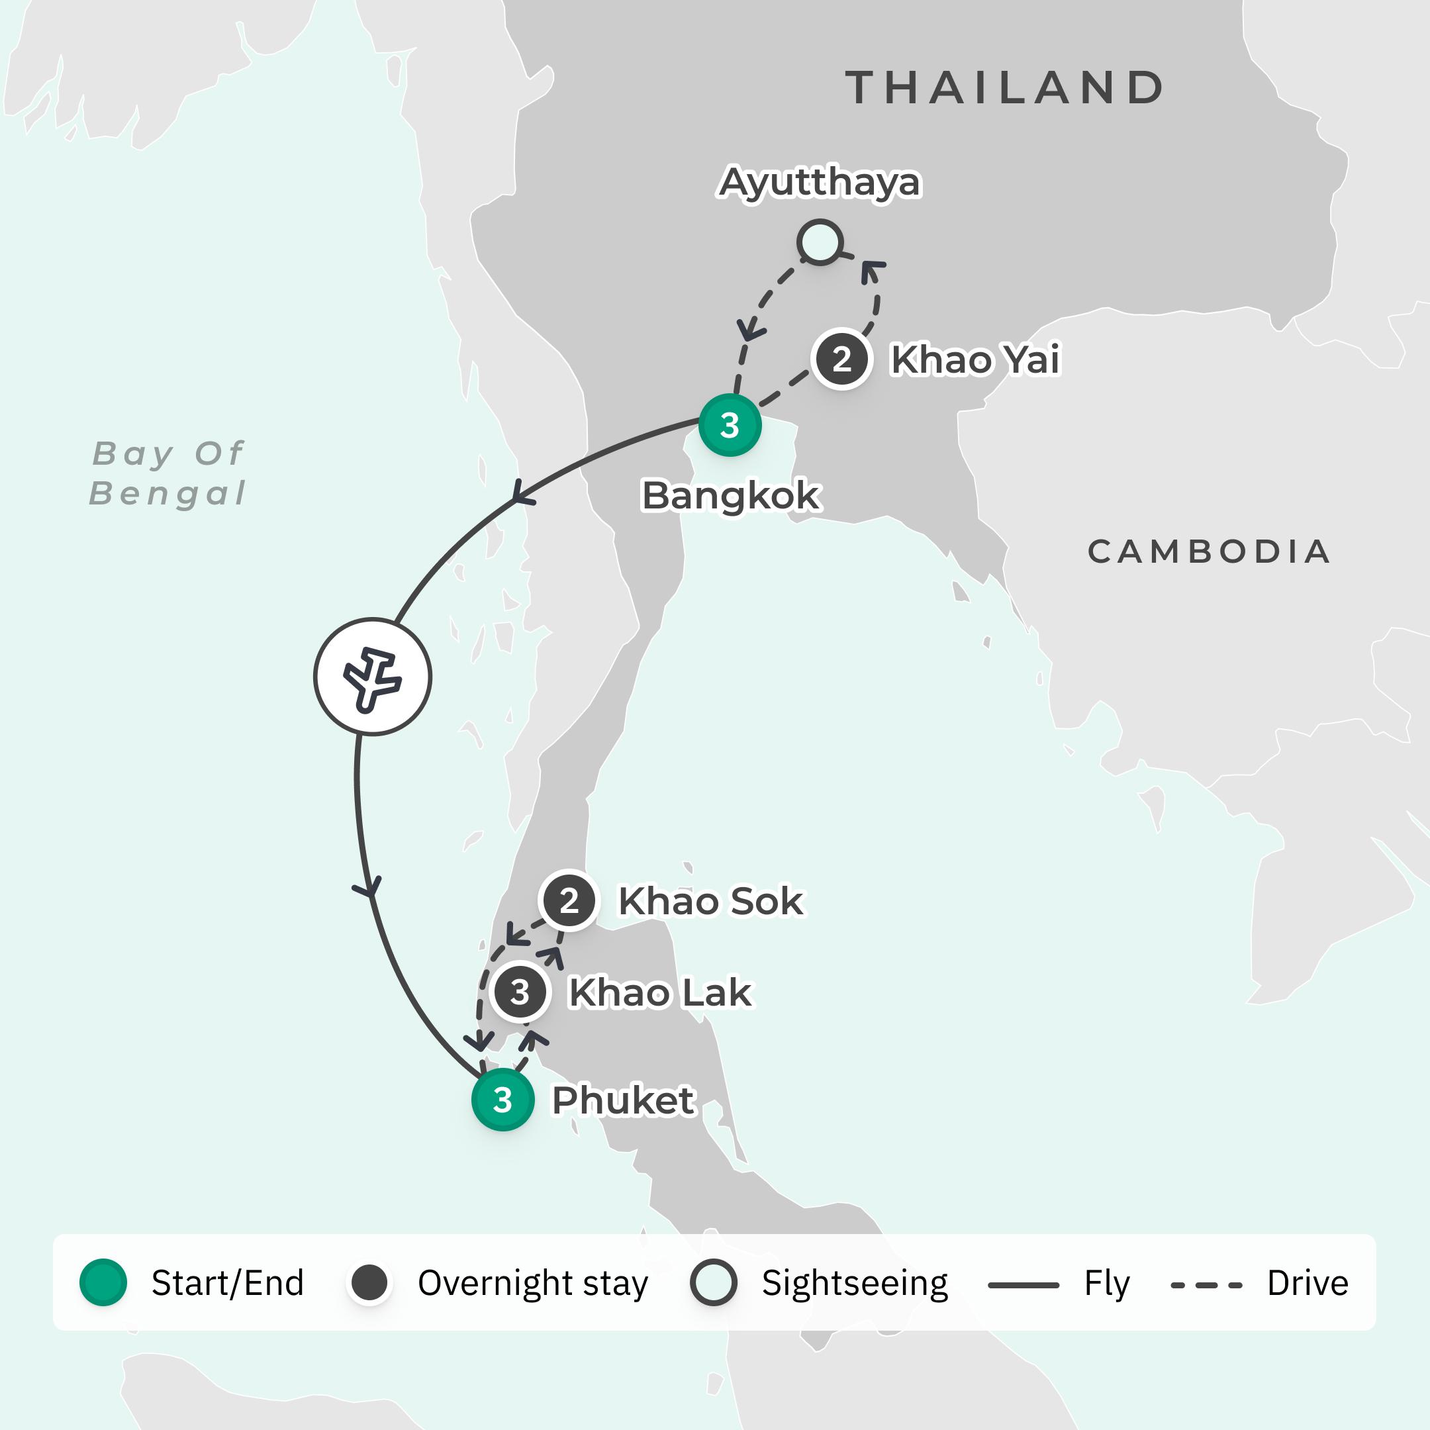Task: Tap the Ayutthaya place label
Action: click(820, 182)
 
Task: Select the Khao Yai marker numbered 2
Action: click(841, 359)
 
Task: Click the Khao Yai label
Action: click(975, 359)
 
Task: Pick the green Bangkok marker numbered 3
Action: click(730, 425)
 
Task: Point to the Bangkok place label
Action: click(730, 495)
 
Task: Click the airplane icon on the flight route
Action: click(372, 677)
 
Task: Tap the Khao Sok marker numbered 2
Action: click(569, 901)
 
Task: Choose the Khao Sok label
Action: click(710, 901)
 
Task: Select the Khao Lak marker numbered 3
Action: click(520, 992)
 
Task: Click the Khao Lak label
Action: click(659, 992)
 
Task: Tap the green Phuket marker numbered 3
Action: click(502, 1100)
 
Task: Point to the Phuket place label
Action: click(623, 1100)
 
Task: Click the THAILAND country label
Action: click(1004, 88)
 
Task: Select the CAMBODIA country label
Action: click(1209, 551)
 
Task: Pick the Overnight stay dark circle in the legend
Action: click(369, 1283)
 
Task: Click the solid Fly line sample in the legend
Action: click(1023, 1285)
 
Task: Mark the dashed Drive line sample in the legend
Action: click(1206, 1285)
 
